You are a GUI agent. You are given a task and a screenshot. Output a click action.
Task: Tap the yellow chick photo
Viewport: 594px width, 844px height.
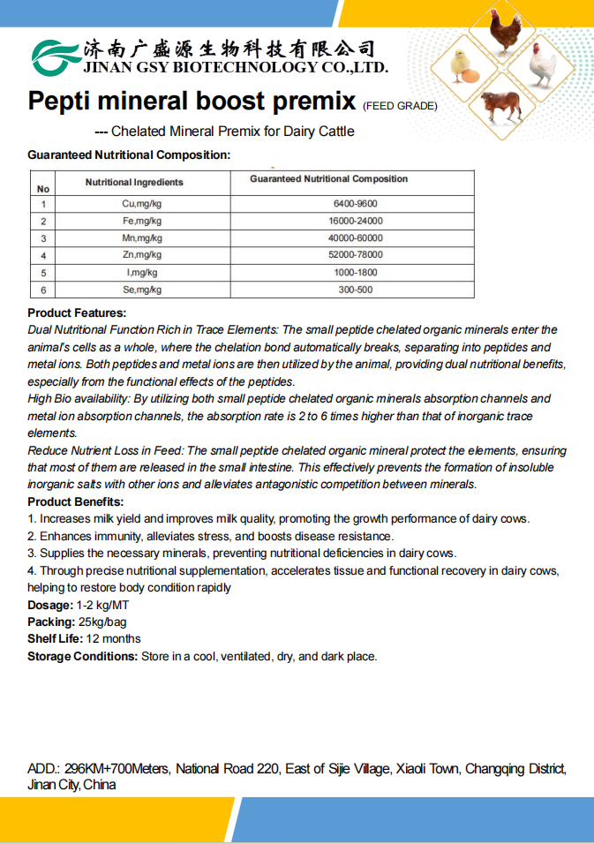click(462, 66)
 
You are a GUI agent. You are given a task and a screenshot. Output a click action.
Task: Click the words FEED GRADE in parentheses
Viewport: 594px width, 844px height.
click(400, 106)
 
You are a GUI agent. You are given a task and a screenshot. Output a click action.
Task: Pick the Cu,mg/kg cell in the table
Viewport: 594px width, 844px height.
click(141, 204)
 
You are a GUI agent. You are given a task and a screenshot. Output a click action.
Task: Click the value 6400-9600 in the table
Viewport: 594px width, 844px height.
click(352, 204)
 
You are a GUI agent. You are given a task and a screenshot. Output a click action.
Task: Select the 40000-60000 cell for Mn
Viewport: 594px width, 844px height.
click(352, 238)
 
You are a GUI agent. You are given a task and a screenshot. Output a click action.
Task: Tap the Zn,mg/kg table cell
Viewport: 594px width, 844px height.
click(141, 255)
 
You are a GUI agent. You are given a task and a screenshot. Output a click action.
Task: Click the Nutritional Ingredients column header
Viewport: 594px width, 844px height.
click(134, 182)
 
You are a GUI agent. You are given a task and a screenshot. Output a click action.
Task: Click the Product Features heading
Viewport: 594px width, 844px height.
click(77, 313)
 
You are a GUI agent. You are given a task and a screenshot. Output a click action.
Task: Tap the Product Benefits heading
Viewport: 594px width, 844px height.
click(76, 501)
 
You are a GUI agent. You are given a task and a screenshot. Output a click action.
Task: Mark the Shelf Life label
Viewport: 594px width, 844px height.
click(55, 638)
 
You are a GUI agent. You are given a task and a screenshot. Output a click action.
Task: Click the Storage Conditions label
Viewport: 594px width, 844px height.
click(83, 656)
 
